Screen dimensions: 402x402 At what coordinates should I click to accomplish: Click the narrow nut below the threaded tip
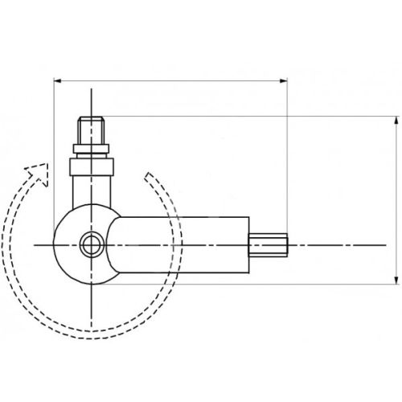tap(92, 149)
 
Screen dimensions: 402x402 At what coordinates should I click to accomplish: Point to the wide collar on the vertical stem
tap(92, 167)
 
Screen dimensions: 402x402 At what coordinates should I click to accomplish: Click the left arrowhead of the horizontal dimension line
tap(57, 80)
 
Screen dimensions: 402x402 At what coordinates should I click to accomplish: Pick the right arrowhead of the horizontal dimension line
tap(283, 80)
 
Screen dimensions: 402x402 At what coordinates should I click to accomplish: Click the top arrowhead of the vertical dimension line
tap(396, 121)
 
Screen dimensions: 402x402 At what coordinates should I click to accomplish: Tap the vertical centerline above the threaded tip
tap(92, 100)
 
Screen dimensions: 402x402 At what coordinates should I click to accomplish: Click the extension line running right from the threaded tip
tap(241, 116)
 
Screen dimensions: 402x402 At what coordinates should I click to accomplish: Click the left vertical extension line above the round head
tap(52, 145)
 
